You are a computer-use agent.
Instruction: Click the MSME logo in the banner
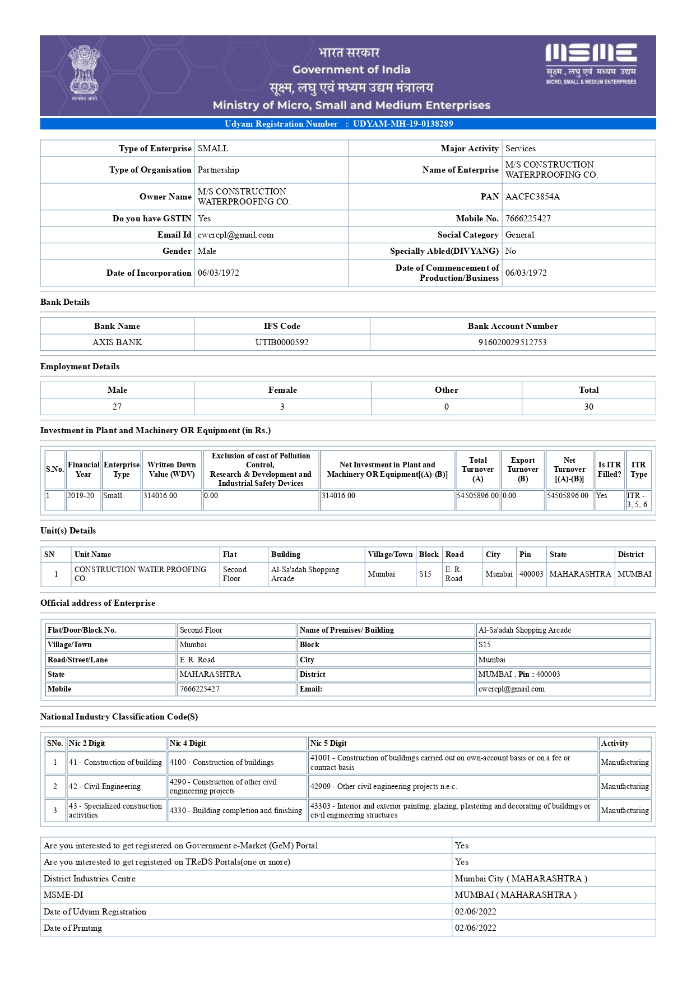[591, 63]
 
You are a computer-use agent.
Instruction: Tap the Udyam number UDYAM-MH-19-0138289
[403, 124]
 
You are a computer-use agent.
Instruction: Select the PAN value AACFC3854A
[532, 197]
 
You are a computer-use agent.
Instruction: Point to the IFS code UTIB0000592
[282, 342]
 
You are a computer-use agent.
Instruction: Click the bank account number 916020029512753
[512, 342]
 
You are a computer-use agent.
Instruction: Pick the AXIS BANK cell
[117, 342]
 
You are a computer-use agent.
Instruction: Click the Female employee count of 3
[282, 407]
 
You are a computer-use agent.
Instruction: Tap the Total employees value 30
[588, 407]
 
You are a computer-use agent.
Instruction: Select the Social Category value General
[519, 235]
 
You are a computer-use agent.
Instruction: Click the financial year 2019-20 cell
[81, 496]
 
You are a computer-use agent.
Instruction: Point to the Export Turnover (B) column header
[523, 470]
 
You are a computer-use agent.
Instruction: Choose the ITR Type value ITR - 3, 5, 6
[637, 500]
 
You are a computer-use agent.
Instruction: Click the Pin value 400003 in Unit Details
[531, 574]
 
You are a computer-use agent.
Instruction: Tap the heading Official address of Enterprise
[98, 603]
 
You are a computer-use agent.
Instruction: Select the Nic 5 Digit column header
[328, 744]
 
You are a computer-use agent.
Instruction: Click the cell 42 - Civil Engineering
[105, 787]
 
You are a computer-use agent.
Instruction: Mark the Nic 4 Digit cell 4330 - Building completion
[236, 811]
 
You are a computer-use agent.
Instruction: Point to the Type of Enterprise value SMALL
[213, 148]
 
